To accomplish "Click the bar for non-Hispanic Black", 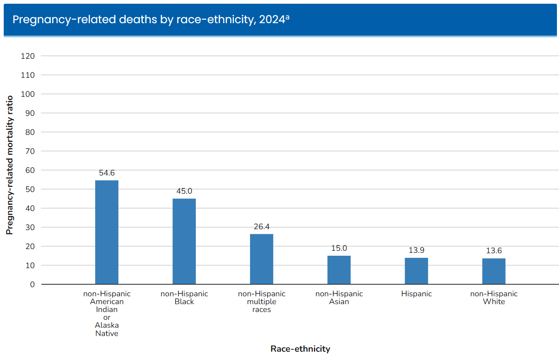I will pos(184,241).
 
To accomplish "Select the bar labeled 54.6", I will pos(107,232).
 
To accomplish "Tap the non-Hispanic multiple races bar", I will pos(262,259).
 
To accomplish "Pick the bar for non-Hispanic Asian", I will pos(339,270).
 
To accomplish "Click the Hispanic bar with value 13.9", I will pos(417,271).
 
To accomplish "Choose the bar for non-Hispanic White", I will pos(494,271).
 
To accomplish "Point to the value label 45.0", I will pos(184,191).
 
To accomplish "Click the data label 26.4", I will pos(262,227).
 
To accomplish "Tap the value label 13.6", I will pos(494,251).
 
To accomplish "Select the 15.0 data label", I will pos(339,248).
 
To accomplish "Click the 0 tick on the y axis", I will pos(32,284).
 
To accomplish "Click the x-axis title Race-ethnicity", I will pos(300,349).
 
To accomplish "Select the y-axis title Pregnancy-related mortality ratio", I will pos(10,165).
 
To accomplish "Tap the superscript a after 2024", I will pos(287,17).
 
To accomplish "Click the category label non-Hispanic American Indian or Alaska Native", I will pos(107,313).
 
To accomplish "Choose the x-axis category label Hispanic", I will pos(417,294).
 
